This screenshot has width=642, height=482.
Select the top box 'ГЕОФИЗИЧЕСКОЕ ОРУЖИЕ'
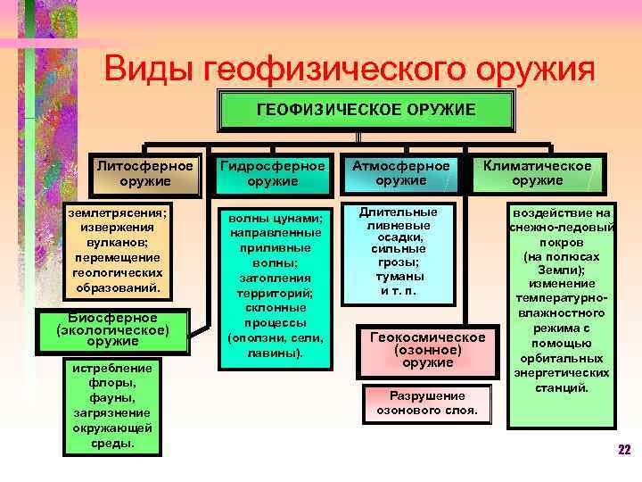pyautogui.click(x=366, y=110)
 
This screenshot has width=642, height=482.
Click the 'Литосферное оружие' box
pyautogui.click(x=144, y=173)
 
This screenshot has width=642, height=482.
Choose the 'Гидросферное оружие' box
pyautogui.click(x=272, y=173)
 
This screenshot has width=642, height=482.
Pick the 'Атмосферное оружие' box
pyautogui.click(x=400, y=173)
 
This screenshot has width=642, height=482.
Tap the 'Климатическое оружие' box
pyautogui.click(x=538, y=173)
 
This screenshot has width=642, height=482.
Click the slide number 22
pyautogui.click(x=624, y=449)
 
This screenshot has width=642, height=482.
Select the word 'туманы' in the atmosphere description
pyautogui.click(x=400, y=277)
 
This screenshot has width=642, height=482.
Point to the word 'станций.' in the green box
pyautogui.click(x=561, y=387)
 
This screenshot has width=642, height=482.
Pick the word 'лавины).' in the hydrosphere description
pyautogui.click(x=276, y=353)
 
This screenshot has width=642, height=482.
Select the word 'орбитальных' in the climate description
pyautogui.click(x=561, y=357)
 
